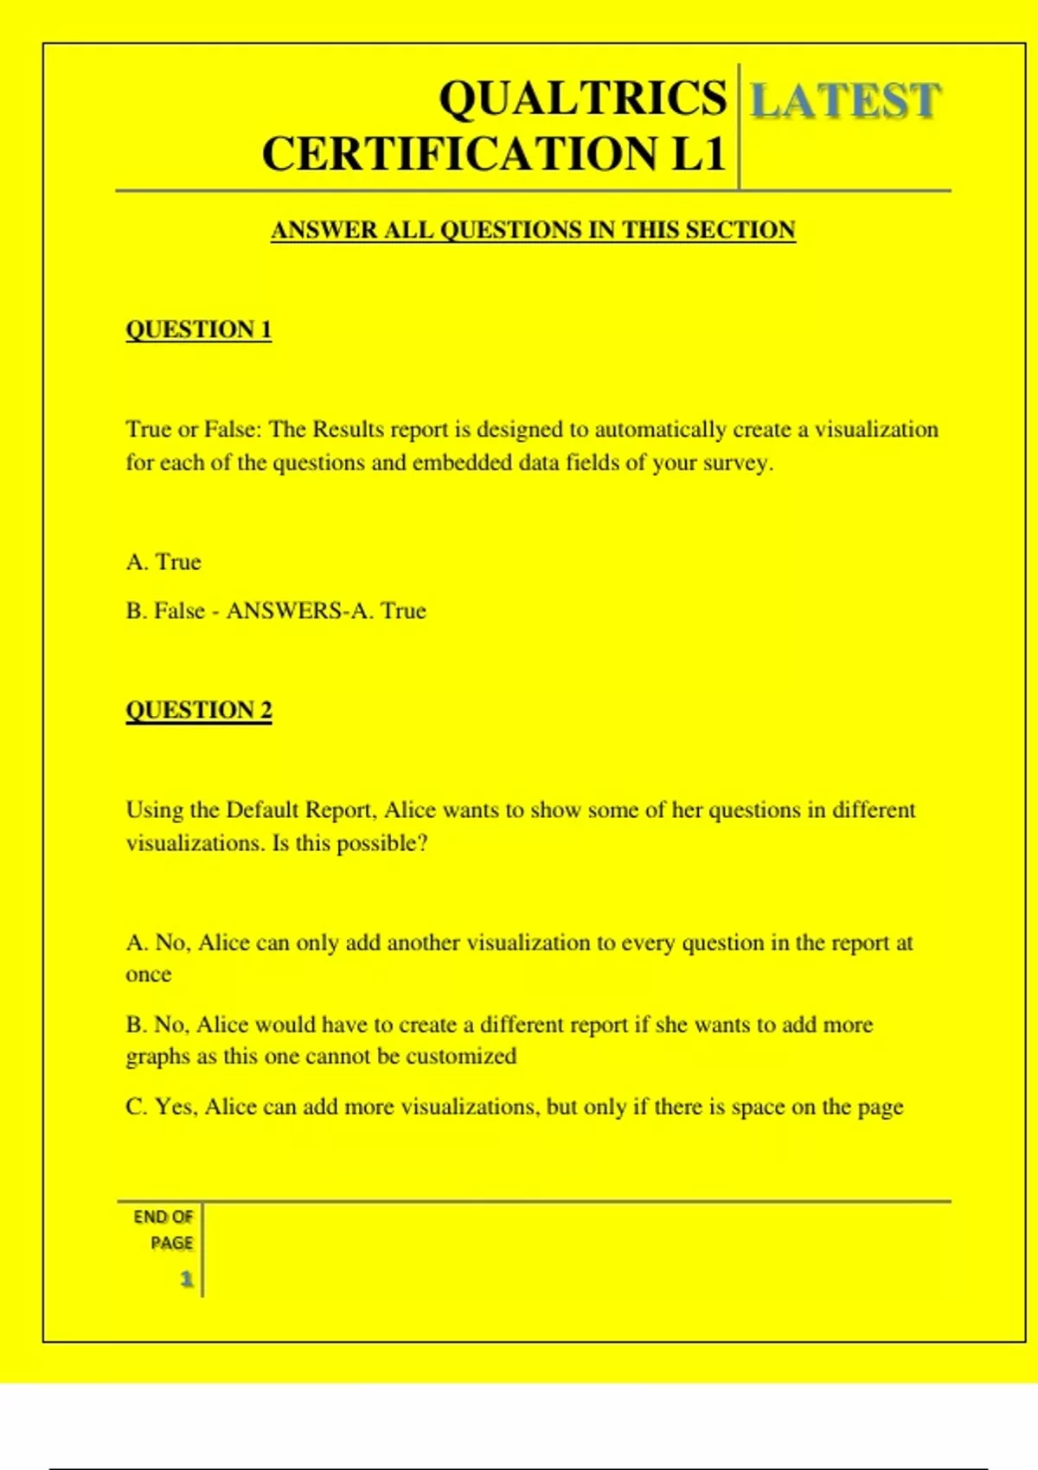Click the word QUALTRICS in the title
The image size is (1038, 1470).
click(582, 98)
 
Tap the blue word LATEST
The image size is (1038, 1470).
click(844, 100)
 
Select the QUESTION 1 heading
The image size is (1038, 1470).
click(198, 329)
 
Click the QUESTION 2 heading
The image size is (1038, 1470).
click(198, 710)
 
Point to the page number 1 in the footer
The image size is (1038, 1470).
click(186, 1279)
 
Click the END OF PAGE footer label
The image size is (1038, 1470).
click(164, 1229)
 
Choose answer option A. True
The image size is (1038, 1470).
click(163, 562)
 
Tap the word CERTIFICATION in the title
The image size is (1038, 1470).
click(459, 155)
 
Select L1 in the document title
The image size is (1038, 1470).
click(697, 155)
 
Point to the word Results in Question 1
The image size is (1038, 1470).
click(348, 430)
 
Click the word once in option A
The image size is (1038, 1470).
click(148, 975)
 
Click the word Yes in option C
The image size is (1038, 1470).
click(176, 1107)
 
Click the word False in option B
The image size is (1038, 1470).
click(179, 611)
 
